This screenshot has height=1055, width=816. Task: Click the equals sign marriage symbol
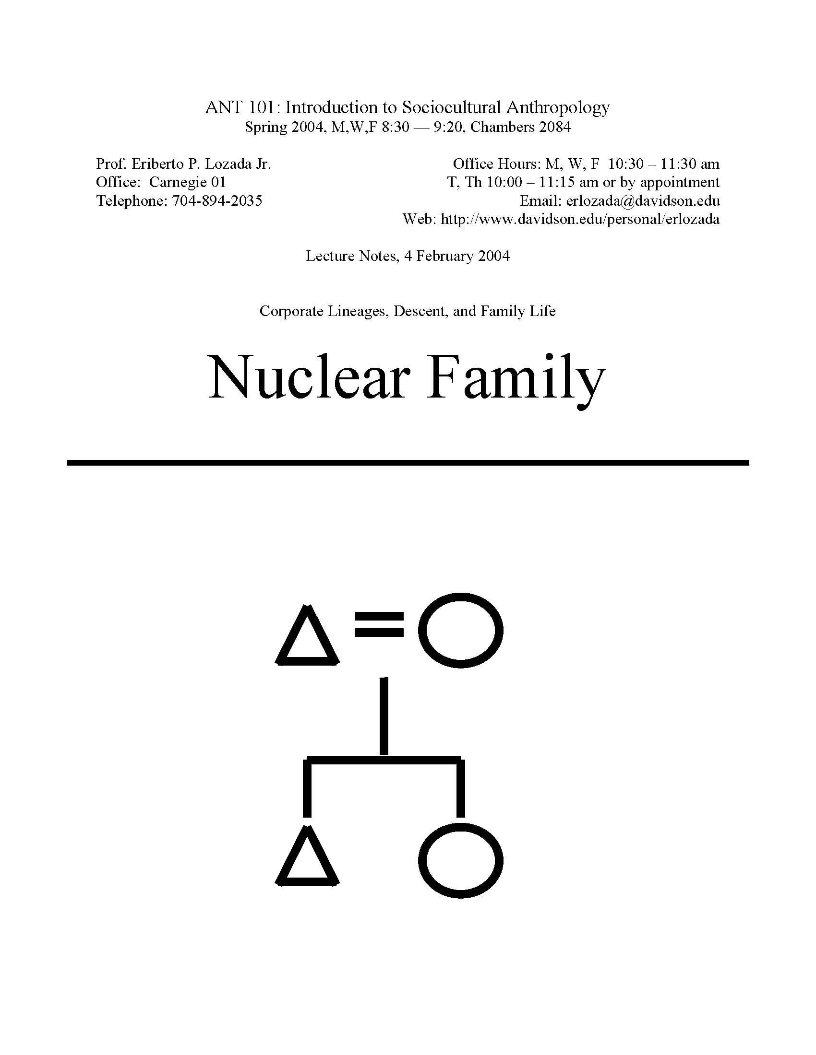[379, 623]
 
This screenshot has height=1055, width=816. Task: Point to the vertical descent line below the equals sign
[384, 716]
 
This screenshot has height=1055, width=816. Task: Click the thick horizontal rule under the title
[408, 462]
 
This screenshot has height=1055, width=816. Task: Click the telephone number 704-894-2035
[217, 200]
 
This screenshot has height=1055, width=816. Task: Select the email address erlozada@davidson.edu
[643, 200]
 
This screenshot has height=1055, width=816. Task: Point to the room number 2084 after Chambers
[555, 127]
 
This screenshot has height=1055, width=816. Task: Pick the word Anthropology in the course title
[558, 108]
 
